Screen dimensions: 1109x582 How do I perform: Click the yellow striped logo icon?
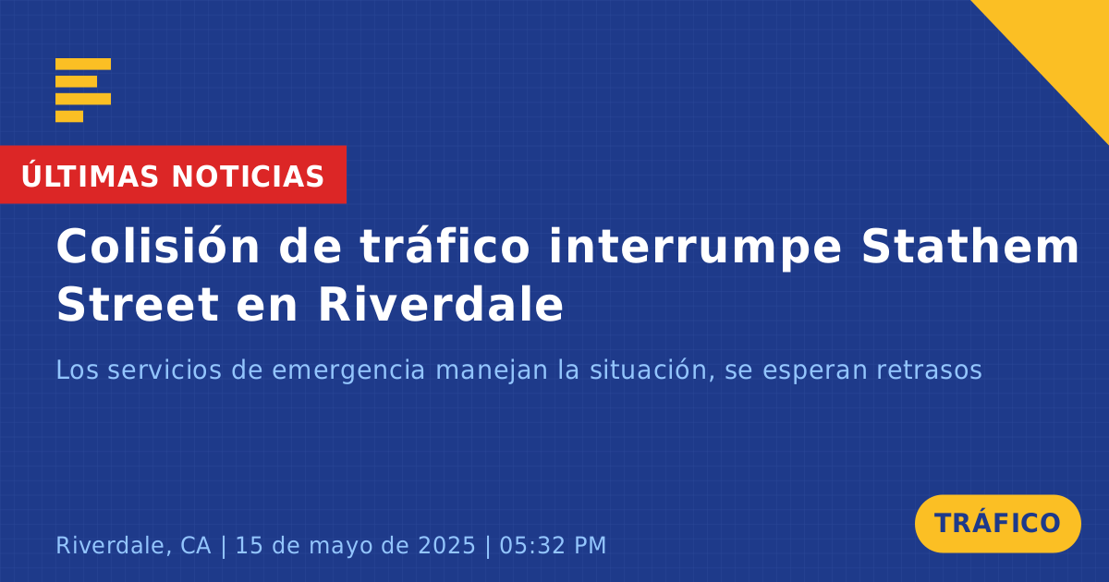83,91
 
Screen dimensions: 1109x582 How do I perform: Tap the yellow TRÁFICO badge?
997,524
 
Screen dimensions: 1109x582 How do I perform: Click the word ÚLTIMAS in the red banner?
90,176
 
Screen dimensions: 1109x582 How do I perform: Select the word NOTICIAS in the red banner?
248,176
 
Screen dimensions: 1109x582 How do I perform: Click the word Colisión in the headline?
158,247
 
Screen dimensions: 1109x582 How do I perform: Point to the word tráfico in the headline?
445,245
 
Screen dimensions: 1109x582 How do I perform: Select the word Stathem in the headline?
969,246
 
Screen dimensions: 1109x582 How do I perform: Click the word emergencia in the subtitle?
348,370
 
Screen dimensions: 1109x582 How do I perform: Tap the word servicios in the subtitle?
165,370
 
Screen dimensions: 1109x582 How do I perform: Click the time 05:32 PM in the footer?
553,545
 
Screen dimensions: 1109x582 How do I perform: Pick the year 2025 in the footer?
446,545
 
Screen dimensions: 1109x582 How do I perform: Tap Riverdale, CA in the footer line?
133,545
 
